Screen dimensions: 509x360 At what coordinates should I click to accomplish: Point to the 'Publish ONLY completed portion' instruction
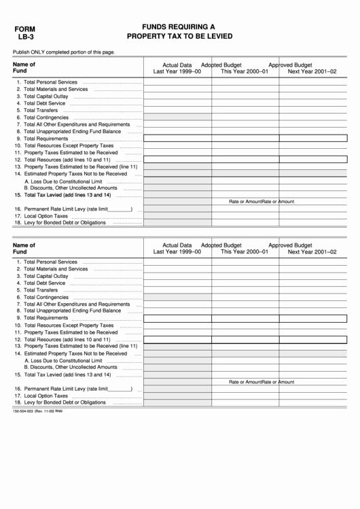[64, 52]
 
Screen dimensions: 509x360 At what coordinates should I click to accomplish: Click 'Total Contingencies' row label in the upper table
[46, 117]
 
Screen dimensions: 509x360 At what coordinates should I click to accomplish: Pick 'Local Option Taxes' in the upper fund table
[46, 215]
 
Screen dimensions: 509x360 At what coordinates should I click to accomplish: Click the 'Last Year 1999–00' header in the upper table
[177, 71]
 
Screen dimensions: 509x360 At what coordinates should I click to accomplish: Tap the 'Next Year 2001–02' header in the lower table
[312, 251]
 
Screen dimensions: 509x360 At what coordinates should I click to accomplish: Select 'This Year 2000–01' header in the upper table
[245, 71]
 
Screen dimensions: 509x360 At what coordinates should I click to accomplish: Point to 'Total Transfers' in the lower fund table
[41, 290]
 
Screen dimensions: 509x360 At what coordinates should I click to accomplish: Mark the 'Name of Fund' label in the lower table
[24, 247]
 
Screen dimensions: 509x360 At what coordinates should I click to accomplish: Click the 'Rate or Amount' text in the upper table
[245, 202]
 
